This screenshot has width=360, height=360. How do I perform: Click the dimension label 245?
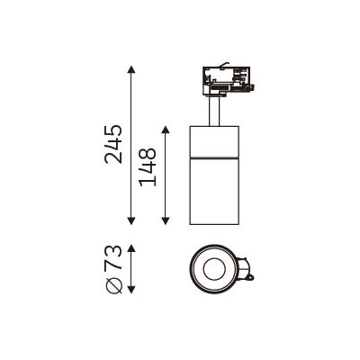(x=113, y=144)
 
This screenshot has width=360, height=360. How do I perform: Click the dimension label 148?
(x=148, y=167)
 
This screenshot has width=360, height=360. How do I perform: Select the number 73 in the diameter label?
(x=113, y=258)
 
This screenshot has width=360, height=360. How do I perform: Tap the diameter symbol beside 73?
(x=114, y=284)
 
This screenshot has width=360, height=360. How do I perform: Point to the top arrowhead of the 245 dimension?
(x=130, y=69)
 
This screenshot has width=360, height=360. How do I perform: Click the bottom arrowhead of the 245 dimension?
(x=130, y=220)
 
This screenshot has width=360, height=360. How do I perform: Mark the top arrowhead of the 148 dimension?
(x=166, y=130)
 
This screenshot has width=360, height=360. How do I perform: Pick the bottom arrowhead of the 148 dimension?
(x=166, y=220)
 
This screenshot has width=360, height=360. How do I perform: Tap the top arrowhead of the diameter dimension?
(x=131, y=248)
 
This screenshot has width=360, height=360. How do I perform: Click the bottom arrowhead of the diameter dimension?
(x=131, y=289)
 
